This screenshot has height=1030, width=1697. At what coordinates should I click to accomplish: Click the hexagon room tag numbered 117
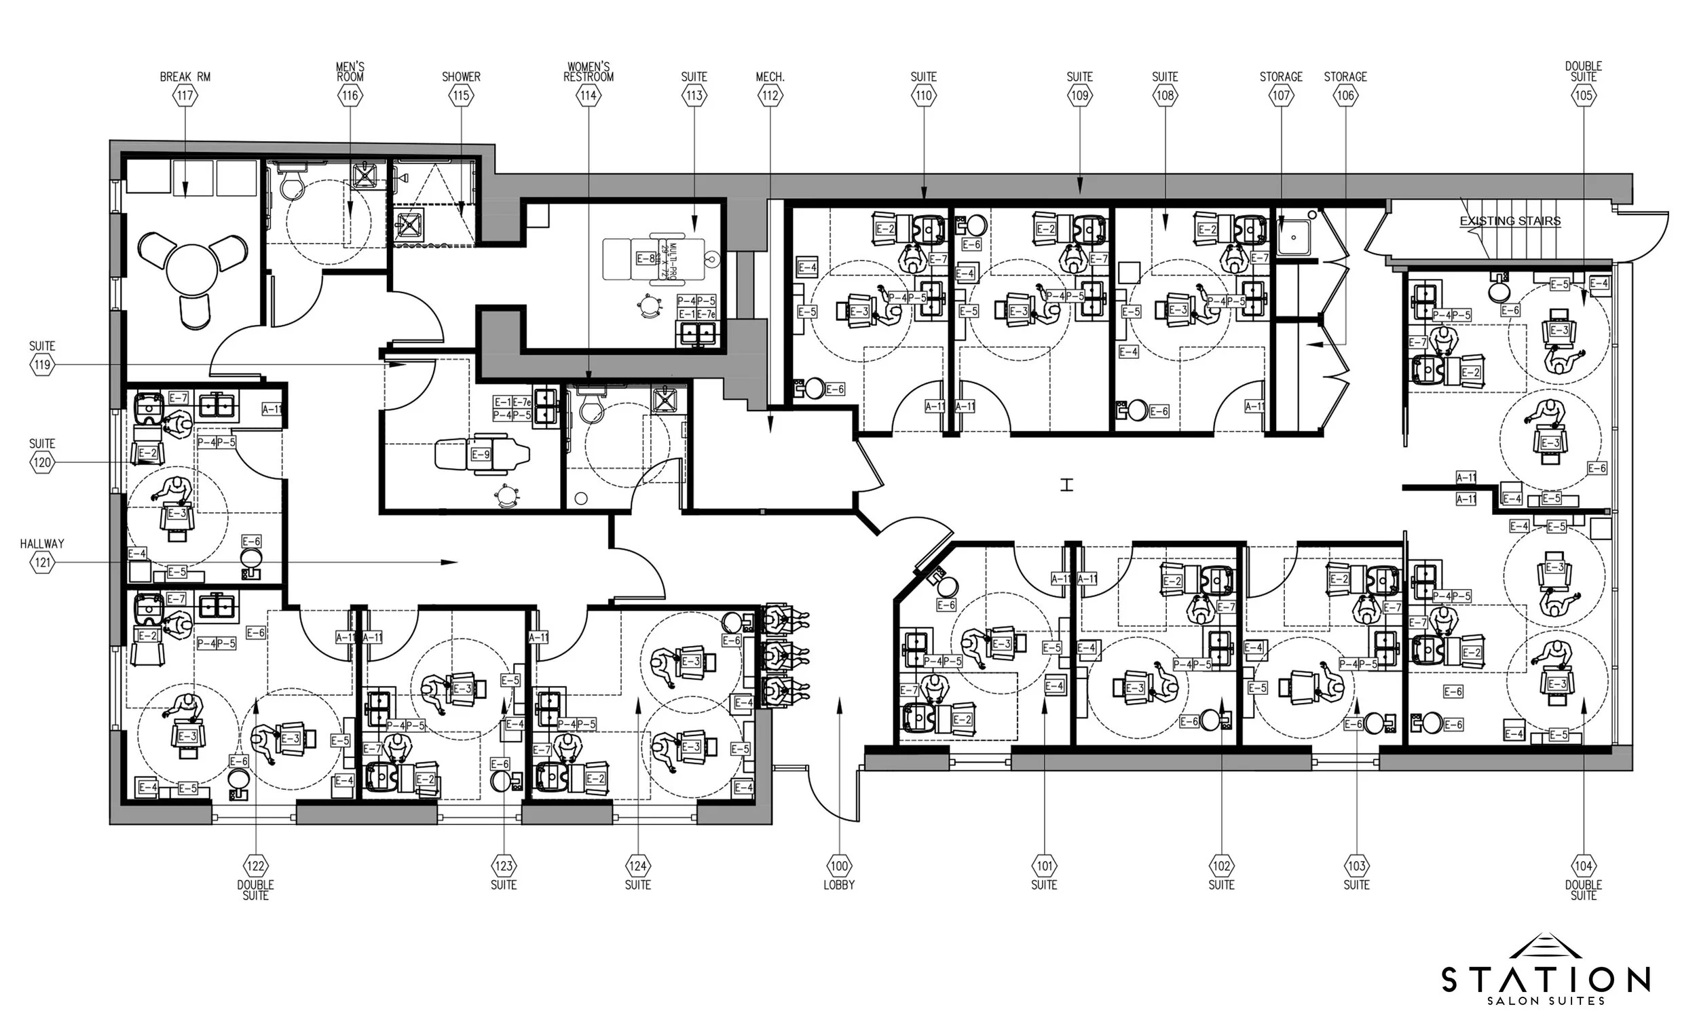pyautogui.click(x=185, y=96)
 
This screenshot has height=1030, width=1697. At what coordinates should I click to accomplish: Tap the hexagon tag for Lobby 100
pyautogui.click(x=839, y=865)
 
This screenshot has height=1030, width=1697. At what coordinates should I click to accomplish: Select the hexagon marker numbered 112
pyautogui.click(x=770, y=96)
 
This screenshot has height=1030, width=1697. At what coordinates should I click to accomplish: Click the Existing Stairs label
pyautogui.click(x=1510, y=221)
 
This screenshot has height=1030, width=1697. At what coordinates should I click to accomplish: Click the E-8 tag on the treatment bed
pyautogui.click(x=646, y=259)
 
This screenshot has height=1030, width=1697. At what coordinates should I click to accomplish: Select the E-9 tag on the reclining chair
pyautogui.click(x=481, y=455)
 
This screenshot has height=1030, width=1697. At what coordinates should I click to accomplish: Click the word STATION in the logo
pyautogui.click(x=1546, y=980)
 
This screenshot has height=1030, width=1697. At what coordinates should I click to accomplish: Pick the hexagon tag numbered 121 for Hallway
pyautogui.click(x=43, y=562)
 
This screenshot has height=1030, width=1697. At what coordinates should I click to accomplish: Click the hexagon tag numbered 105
pyautogui.click(x=1584, y=96)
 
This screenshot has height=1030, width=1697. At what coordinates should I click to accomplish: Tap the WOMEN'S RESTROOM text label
pyautogui.click(x=588, y=72)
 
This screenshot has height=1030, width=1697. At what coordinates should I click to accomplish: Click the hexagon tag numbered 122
pyautogui.click(x=255, y=865)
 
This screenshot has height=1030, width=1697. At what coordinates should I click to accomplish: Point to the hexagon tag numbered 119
pyautogui.click(x=43, y=365)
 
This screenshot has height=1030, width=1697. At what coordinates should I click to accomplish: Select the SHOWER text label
pyautogui.click(x=461, y=77)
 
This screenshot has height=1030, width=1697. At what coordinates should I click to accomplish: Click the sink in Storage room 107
pyautogui.click(x=1292, y=237)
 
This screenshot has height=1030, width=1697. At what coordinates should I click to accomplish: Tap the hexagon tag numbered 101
pyautogui.click(x=1044, y=865)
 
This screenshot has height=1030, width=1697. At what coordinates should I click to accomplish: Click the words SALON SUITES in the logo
pyautogui.click(x=1546, y=1001)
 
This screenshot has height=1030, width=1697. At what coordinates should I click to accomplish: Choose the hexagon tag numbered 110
pyautogui.click(x=924, y=96)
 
